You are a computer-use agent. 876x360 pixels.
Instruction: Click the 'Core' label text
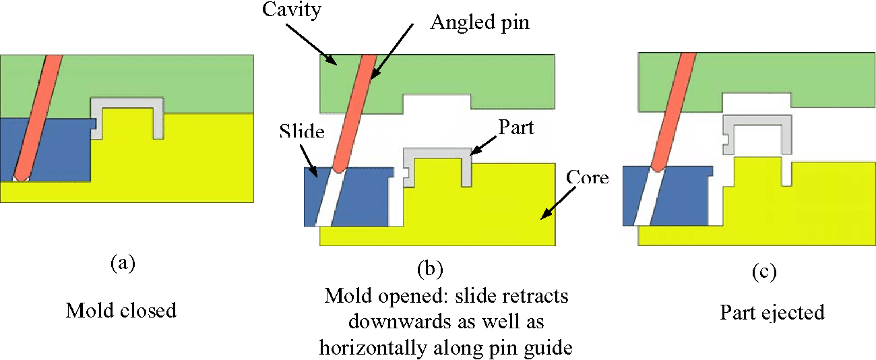pyautogui.click(x=586, y=178)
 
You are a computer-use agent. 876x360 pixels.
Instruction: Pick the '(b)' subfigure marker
pyautogui.click(x=429, y=270)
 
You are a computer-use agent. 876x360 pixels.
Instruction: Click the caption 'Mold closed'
pyautogui.click(x=121, y=310)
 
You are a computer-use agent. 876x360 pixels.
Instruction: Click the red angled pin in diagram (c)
pyautogui.click(x=674, y=108)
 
